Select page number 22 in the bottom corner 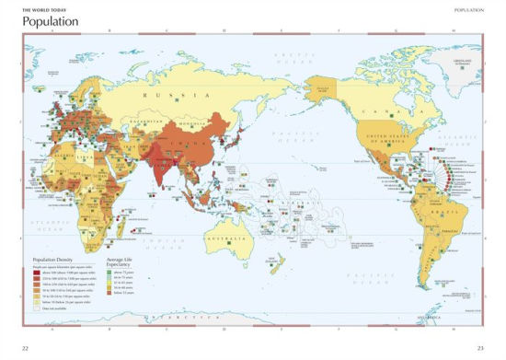coord(26,347)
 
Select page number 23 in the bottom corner coord(479,347)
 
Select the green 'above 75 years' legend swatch coord(113,274)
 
